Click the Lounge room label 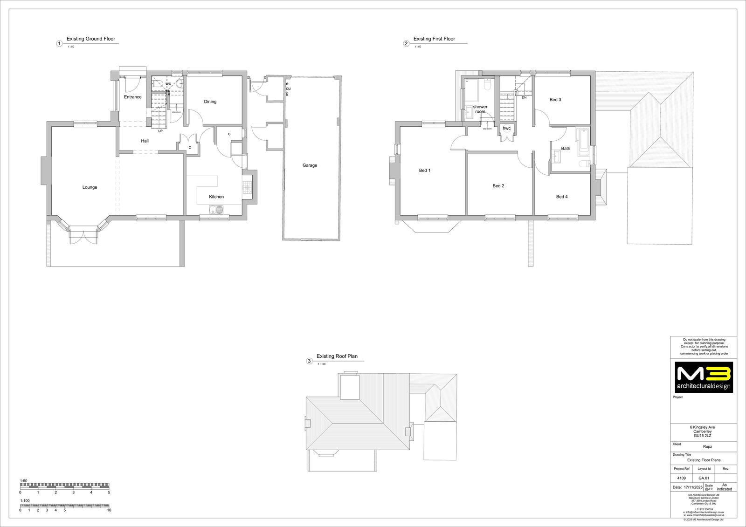click(x=90, y=187)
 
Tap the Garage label click(x=310, y=165)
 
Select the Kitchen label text click(x=216, y=197)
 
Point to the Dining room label click(x=210, y=102)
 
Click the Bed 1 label click(x=424, y=171)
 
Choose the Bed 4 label click(x=562, y=197)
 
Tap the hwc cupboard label click(x=506, y=128)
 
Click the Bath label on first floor click(x=565, y=149)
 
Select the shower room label click(x=480, y=109)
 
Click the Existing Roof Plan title click(x=337, y=356)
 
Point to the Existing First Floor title click(x=434, y=39)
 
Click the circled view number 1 click(x=59, y=44)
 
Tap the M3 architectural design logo click(x=704, y=377)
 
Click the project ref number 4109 click(x=681, y=478)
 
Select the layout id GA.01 click(x=704, y=478)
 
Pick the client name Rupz click(x=707, y=446)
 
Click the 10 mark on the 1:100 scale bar click(x=109, y=510)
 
